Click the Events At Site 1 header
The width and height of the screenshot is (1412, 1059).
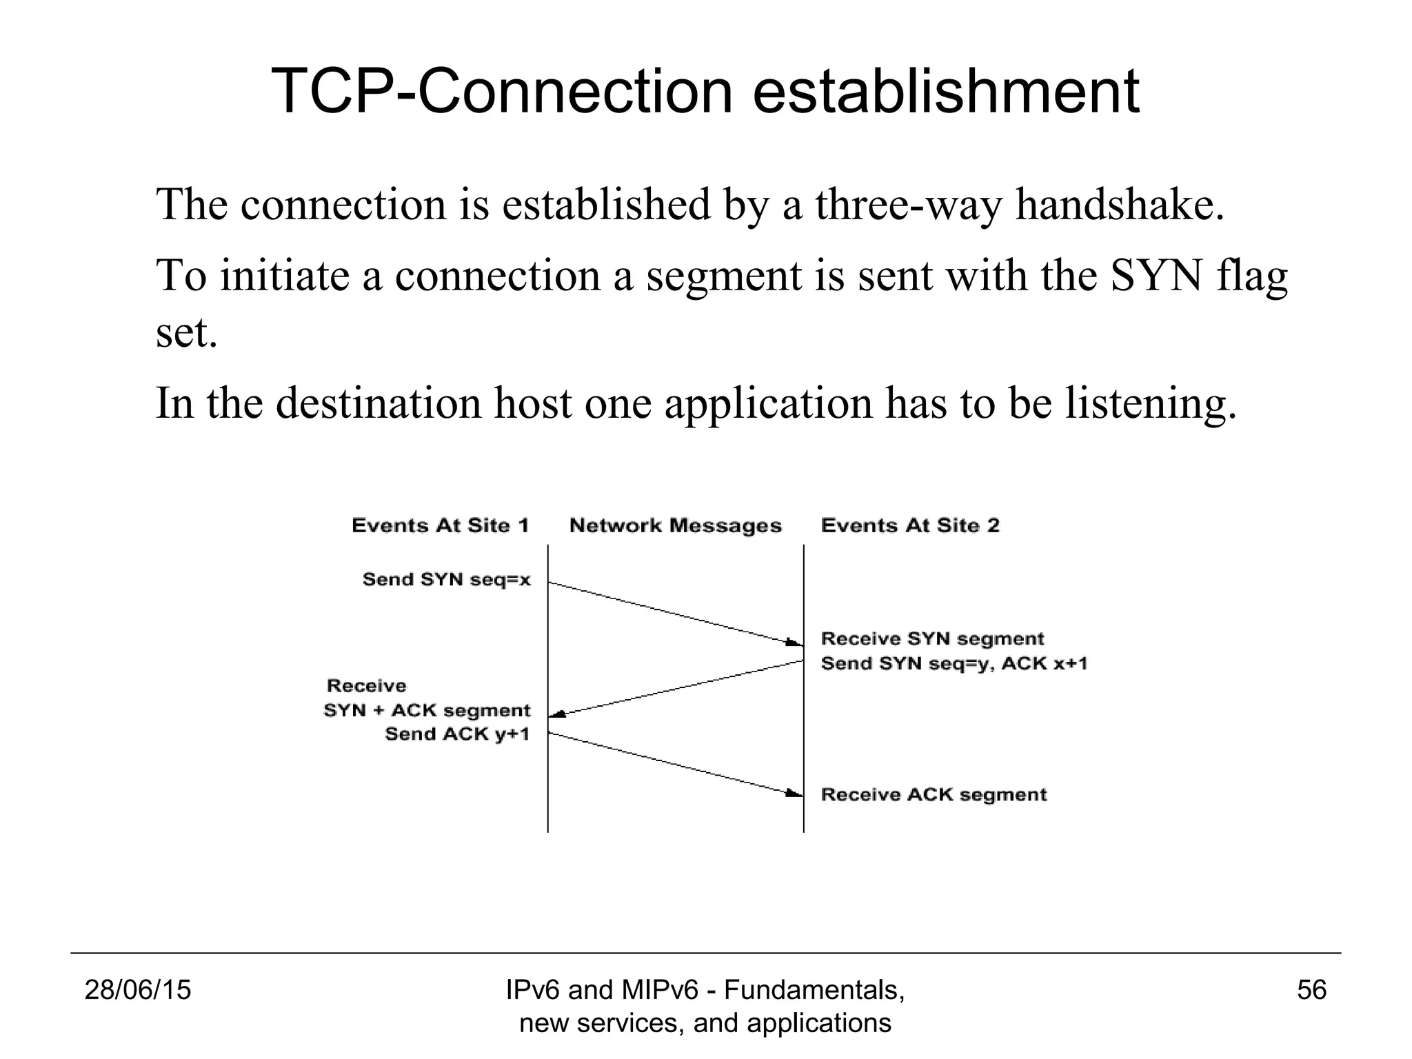click(x=440, y=526)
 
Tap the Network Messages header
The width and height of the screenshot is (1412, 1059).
click(x=676, y=526)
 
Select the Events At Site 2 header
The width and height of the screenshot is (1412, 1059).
click(x=910, y=526)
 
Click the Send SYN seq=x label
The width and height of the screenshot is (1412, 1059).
click(x=447, y=580)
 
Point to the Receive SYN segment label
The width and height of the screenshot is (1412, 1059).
click(x=932, y=639)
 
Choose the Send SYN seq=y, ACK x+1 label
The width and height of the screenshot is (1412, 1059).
click(x=954, y=664)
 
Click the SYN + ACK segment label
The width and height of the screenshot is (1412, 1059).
click(x=427, y=711)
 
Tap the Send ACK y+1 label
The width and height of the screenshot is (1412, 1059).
click(x=457, y=734)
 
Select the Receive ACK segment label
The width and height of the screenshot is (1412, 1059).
click(x=934, y=795)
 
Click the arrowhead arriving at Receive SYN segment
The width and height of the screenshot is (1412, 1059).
click(x=794, y=643)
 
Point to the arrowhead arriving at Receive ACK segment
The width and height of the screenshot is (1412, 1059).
click(x=794, y=794)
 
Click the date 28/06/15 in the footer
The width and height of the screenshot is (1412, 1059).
click(x=137, y=991)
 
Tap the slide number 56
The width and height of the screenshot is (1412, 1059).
click(x=1311, y=991)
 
